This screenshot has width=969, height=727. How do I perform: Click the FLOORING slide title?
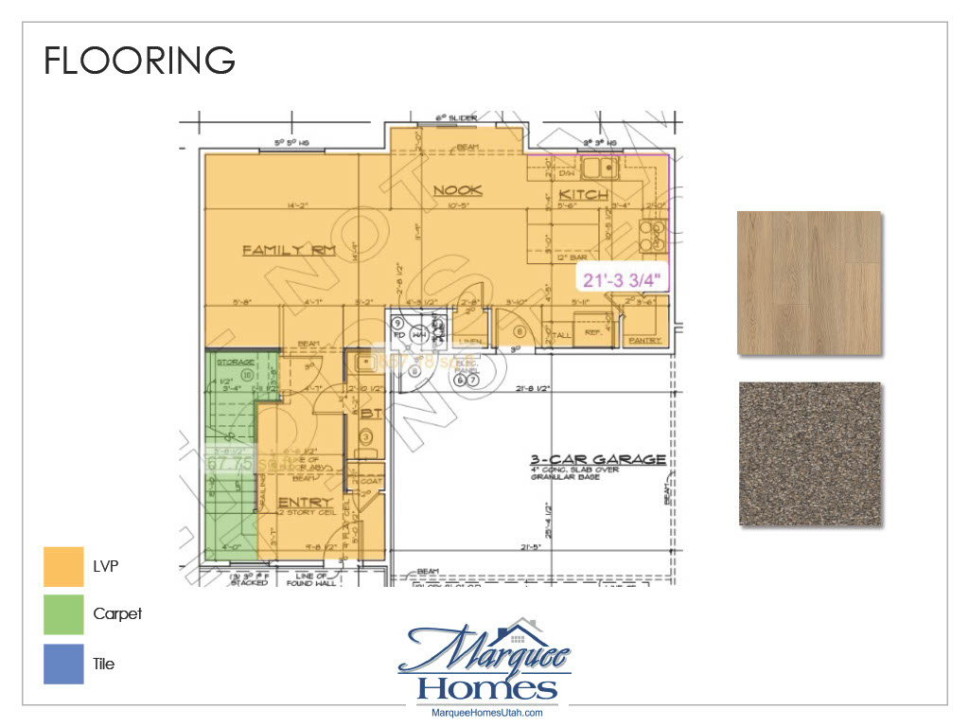pyautogui.click(x=139, y=61)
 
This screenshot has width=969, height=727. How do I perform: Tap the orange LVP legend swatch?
pyautogui.click(x=62, y=566)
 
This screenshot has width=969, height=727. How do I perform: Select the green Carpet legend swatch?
pyautogui.click(x=62, y=614)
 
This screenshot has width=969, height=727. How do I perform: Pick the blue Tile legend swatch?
pyautogui.click(x=62, y=664)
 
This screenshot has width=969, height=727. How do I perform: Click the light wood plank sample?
pyautogui.click(x=809, y=284)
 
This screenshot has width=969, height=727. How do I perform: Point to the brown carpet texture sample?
pyautogui.click(x=809, y=454)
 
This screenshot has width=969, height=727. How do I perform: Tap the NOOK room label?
pyautogui.click(x=458, y=191)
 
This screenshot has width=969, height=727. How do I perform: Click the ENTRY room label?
pyautogui.click(x=306, y=502)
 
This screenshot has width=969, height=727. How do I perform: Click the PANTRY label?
pyautogui.click(x=647, y=338)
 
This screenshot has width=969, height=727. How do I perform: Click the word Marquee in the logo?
pyautogui.click(x=483, y=651)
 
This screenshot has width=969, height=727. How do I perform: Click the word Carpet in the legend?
pyautogui.click(x=117, y=614)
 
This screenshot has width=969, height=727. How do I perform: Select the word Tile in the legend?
pyautogui.click(x=104, y=664)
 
